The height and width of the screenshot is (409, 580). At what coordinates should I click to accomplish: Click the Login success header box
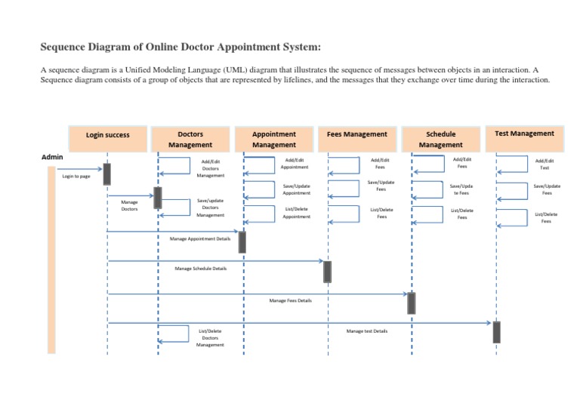click(107, 136)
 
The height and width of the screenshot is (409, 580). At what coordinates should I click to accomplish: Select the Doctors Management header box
click(190, 138)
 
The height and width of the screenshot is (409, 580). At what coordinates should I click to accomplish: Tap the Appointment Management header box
click(274, 138)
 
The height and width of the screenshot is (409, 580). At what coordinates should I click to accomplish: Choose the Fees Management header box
click(357, 136)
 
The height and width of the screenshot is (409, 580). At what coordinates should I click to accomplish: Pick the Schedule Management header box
click(440, 139)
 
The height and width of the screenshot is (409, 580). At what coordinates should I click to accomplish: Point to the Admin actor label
click(52, 156)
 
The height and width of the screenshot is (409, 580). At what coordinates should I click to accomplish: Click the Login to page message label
click(76, 176)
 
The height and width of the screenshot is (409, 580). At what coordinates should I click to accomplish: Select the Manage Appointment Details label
click(200, 238)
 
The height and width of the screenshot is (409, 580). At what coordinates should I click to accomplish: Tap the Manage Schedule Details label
click(200, 268)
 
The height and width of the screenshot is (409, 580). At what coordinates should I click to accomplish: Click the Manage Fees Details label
click(290, 300)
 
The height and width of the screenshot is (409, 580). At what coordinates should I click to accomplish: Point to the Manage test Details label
click(367, 331)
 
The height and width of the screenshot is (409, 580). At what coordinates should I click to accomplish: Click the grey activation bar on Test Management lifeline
click(496, 331)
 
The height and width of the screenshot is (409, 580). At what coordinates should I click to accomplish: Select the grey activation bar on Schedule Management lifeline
click(412, 303)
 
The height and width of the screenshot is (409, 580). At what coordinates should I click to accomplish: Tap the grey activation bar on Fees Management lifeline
click(327, 271)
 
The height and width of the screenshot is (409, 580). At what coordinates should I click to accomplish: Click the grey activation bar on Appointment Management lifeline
click(242, 241)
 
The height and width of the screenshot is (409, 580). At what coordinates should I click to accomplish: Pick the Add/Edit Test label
click(545, 164)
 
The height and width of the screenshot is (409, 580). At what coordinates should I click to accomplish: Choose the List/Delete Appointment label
click(296, 213)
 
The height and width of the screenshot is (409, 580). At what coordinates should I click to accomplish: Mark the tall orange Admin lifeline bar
click(51, 260)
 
